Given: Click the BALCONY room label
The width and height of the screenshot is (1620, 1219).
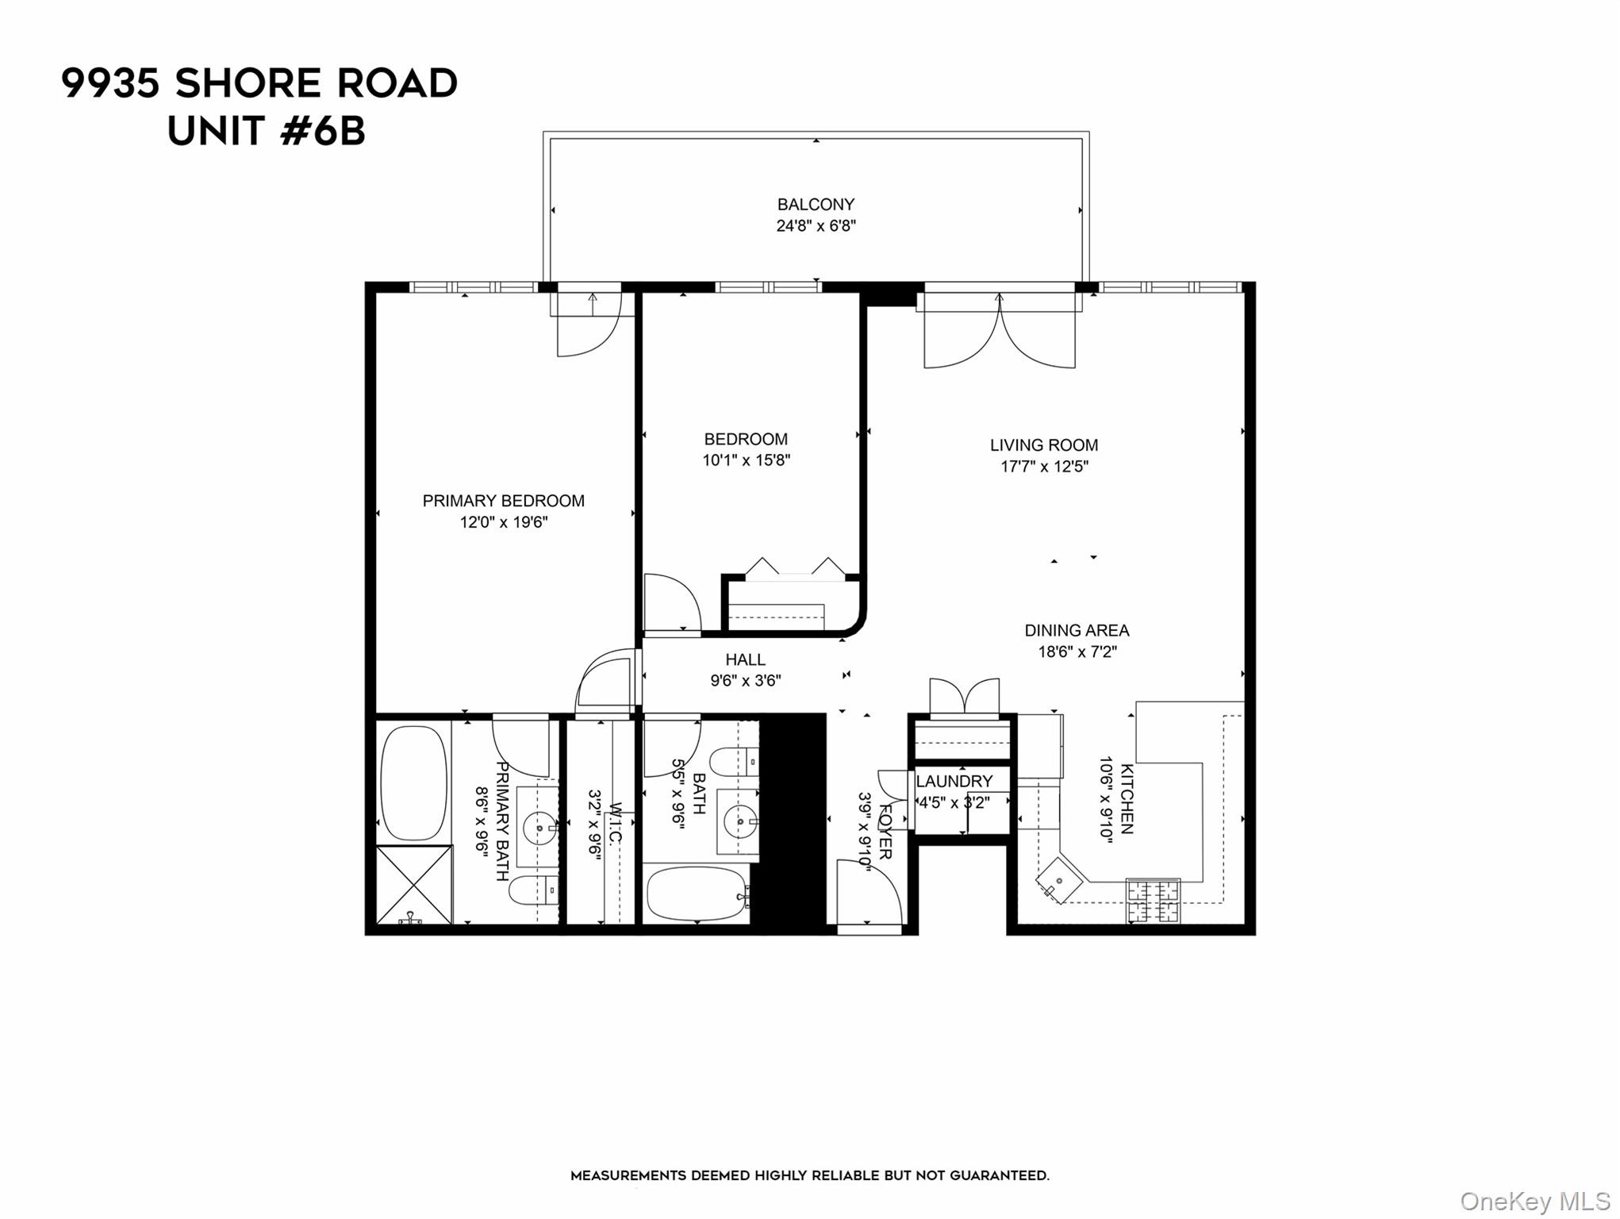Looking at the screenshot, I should [816, 204].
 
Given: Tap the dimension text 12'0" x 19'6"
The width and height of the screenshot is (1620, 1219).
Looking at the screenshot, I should [504, 522].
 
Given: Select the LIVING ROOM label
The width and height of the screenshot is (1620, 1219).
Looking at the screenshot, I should [1043, 445].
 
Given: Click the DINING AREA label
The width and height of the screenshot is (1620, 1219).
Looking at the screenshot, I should [1076, 630].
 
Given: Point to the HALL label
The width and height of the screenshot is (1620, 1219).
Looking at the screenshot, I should [745, 659].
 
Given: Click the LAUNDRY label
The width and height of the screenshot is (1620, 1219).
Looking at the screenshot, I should [954, 781].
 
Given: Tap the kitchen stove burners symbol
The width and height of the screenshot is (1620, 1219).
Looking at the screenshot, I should [1154, 902].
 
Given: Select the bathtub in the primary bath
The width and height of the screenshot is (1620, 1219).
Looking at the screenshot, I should [413, 783].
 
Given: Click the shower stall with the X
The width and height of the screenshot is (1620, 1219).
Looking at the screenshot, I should [413, 885].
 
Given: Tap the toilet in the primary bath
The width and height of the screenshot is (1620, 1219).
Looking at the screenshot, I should [532, 890].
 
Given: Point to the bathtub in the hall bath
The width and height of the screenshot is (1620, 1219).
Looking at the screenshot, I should [697, 894].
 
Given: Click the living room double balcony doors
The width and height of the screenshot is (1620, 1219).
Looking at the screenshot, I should [1000, 333].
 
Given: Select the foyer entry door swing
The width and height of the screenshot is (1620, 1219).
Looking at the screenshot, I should [869, 893].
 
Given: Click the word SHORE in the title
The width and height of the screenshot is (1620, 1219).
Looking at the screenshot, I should [248, 83].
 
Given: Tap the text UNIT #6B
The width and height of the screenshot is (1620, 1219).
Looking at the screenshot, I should [267, 131].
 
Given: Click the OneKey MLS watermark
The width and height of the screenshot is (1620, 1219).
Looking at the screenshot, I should [1534, 1201].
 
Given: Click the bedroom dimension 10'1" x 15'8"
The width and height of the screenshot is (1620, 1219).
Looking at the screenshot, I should [746, 460].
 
